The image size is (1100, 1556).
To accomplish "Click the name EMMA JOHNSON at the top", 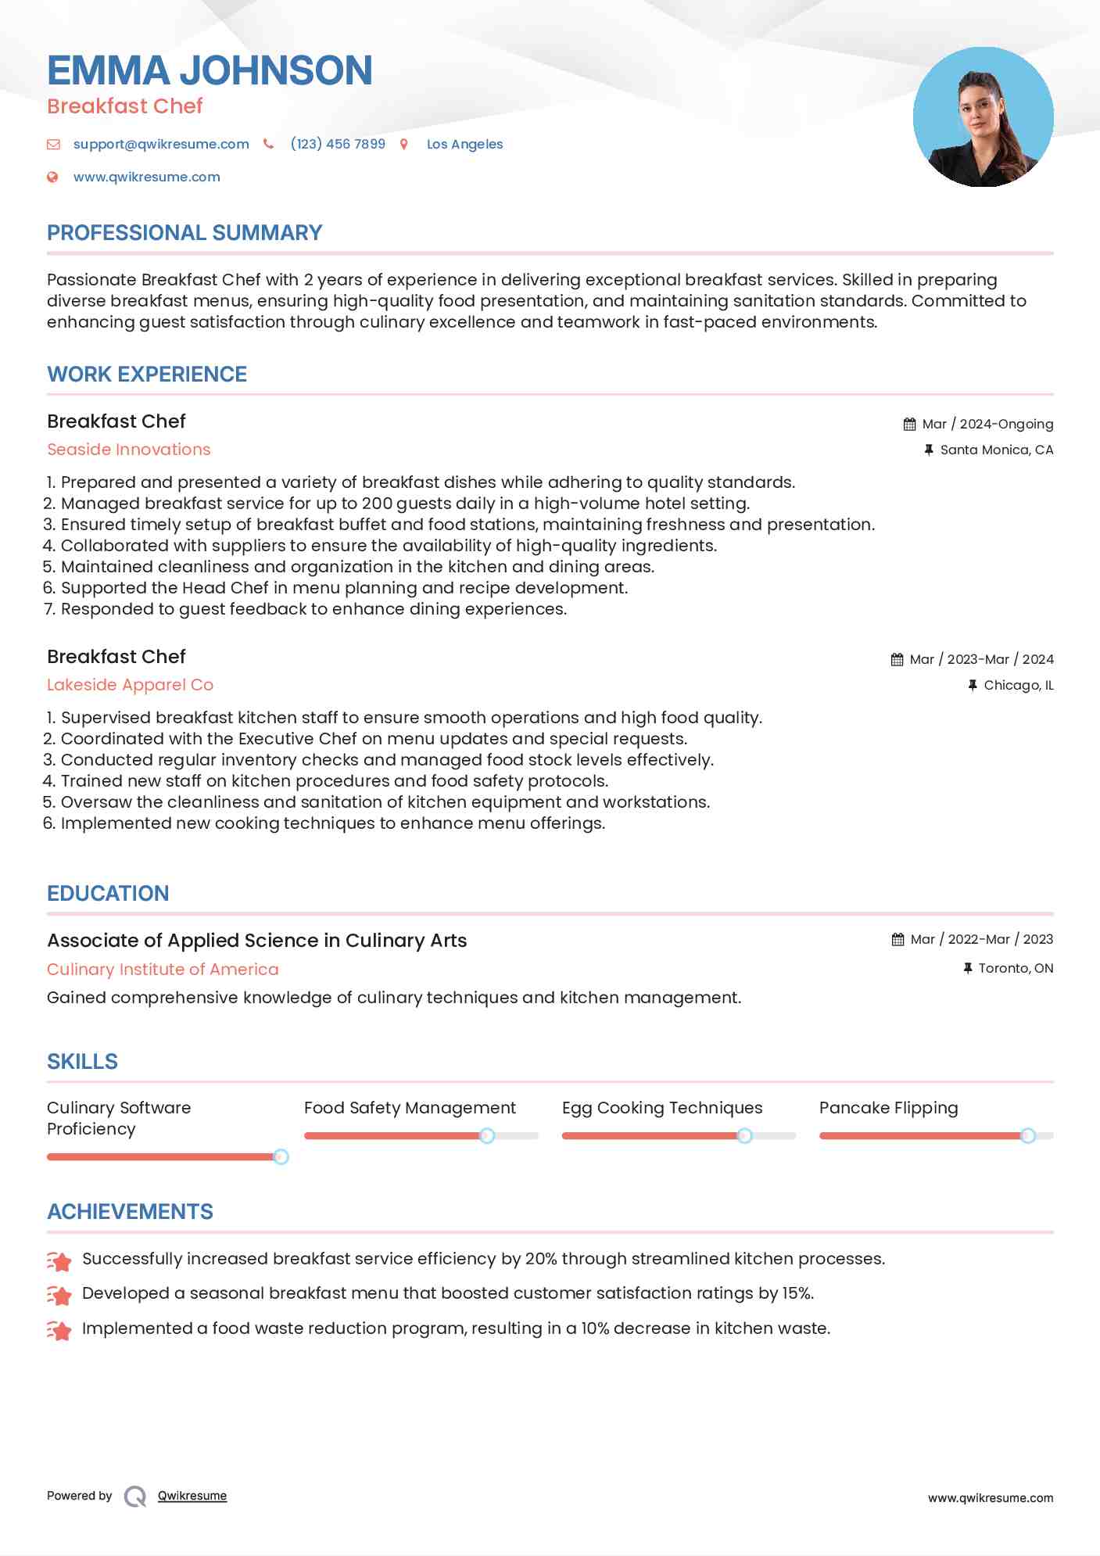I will pyautogui.click(x=210, y=70).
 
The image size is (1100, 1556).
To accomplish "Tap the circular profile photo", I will pyautogui.click(x=983, y=117).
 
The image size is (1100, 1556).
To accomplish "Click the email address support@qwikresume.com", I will pyautogui.click(x=161, y=144).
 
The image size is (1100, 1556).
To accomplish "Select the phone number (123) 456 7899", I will pyautogui.click(x=338, y=144).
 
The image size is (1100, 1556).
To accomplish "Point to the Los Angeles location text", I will pyautogui.click(x=464, y=144).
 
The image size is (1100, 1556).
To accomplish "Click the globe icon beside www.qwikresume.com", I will pyautogui.click(x=52, y=177).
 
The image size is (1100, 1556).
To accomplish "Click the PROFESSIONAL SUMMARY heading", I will pyautogui.click(x=185, y=233).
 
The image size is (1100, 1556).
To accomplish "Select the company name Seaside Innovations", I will pyautogui.click(x=129, y=450).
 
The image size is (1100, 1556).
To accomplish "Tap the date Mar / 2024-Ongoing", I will pyautogui.click(x=987, y=424).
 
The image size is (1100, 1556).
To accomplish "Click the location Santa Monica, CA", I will pyautogui.click(x=996, y=450).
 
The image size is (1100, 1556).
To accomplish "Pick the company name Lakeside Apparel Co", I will pyautogui.click(x=130, y=685).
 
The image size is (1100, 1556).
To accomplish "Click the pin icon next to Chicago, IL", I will pyautogui.click(x=973, y=685).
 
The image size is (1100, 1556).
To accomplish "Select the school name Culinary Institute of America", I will pyautogui.click(x=163, y=970).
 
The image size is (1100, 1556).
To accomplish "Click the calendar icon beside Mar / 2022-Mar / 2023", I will pyautogui.click(x=898, y=939).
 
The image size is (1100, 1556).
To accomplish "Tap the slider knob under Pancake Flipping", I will pyautogui.click(x=1028, y=1135).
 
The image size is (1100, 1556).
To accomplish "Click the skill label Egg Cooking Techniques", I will pyautogui.click(x=662, y=1108).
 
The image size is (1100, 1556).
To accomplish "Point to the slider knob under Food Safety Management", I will pyautogui.click(x=487, y=1135).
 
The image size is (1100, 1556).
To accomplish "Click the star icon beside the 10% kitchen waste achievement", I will pyautogui.click(x=59, y=1330).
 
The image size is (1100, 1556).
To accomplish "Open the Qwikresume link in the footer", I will pyautogui.click(x=192, y=1496).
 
